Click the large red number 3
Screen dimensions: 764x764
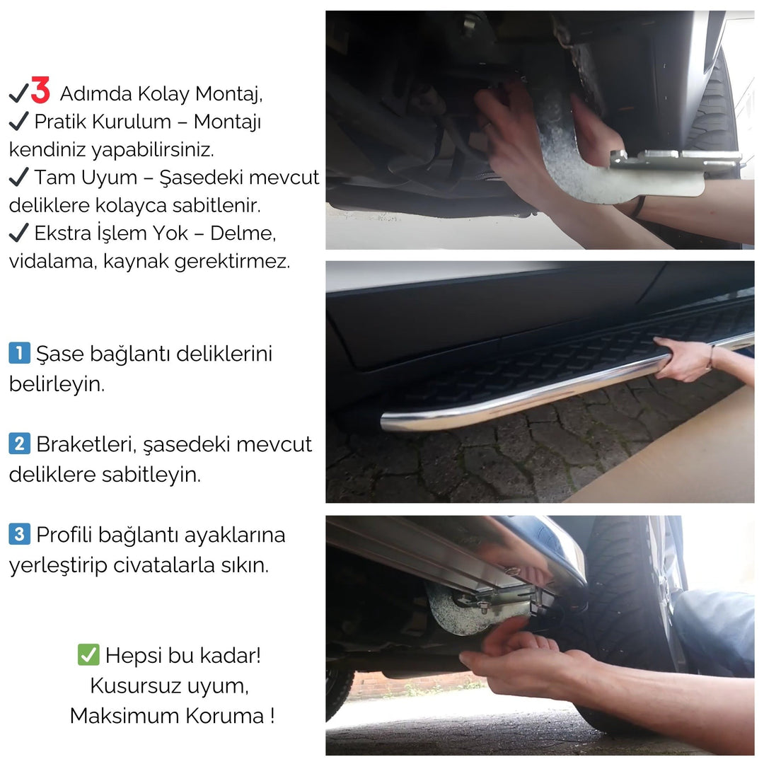coord(40,91)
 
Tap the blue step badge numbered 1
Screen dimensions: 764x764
coord(19,352)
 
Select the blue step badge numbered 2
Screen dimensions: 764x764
coord(19,444)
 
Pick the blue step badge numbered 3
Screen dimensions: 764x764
coord(19,534)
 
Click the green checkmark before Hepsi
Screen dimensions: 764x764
coord(88,655)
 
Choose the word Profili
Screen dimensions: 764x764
coord(64,535)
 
